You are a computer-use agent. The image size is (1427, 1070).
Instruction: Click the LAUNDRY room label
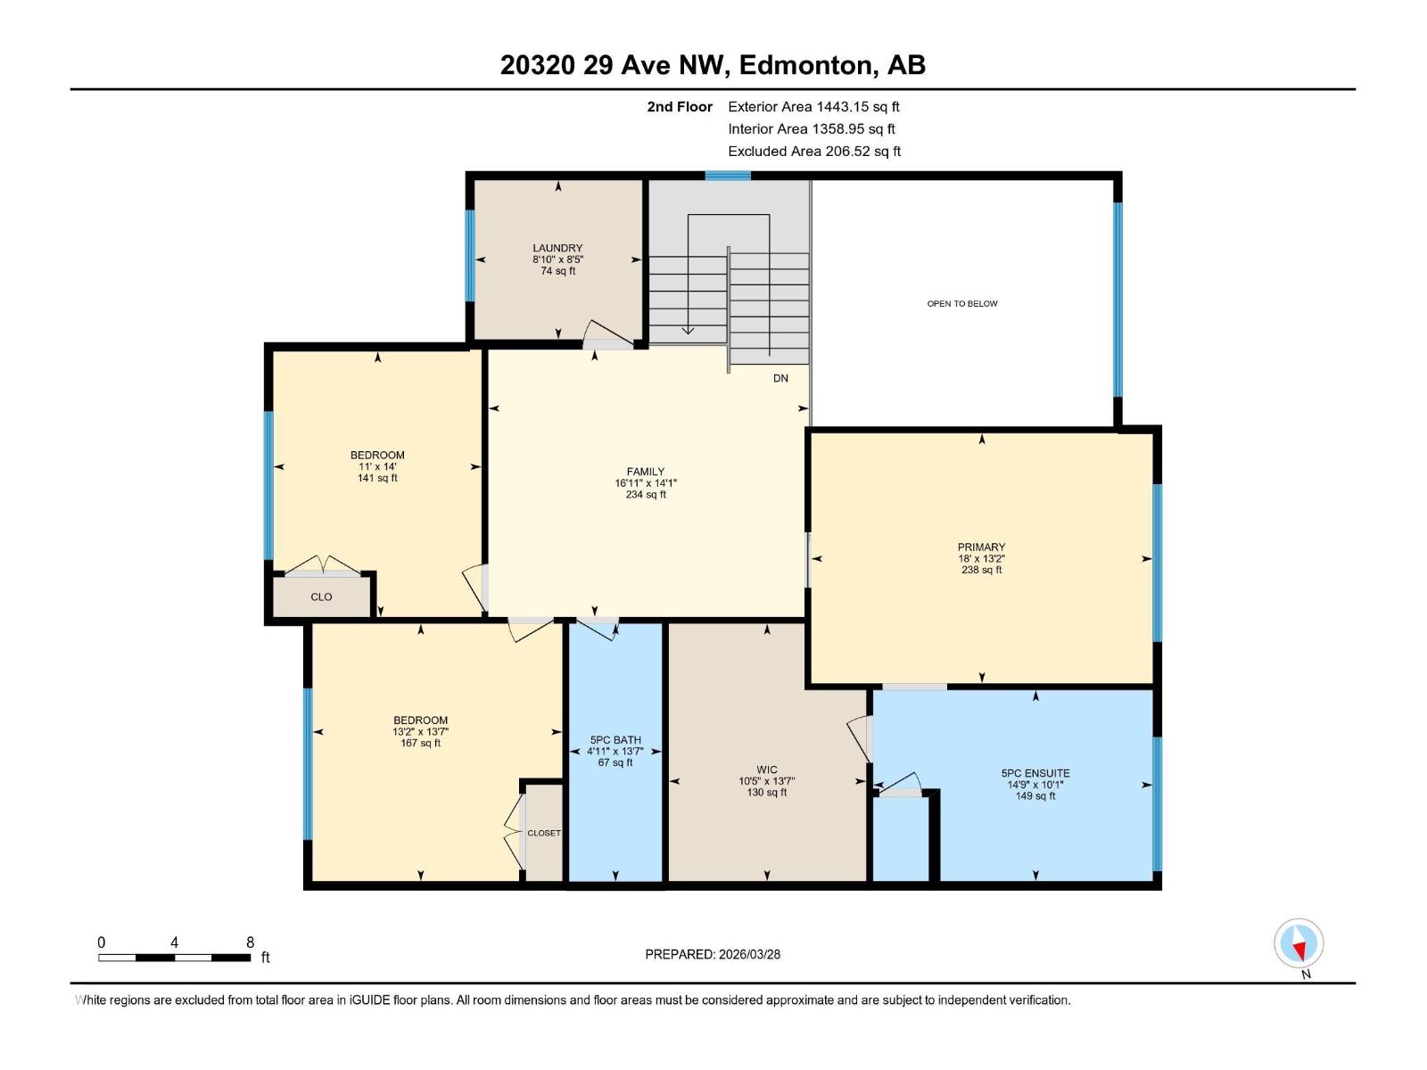point(557,248)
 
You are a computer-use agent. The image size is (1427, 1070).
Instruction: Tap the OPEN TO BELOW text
point(962,304)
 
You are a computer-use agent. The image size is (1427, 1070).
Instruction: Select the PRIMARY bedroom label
point(981,547)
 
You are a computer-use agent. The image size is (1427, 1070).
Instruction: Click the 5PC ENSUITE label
point(1035,774)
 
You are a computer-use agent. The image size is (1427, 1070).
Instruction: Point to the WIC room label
point(766,770)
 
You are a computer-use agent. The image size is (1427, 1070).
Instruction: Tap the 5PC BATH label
point(615,740)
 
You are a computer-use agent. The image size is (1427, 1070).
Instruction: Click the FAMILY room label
point(645,472)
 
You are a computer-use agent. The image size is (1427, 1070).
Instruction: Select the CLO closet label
point(321,597)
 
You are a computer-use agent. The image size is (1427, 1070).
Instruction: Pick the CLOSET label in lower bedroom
point(544,833)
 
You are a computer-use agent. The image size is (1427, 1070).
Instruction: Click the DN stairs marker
point(780,378)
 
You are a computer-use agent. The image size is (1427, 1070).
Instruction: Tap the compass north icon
point(1299,943)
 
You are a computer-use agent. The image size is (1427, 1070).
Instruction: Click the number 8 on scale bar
point(250,942)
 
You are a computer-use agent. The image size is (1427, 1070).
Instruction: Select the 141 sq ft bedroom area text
point(377,478)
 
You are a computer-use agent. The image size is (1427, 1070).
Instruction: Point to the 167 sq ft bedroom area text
point(421,743)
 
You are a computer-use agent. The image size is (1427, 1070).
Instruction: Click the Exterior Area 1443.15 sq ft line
point(813,107)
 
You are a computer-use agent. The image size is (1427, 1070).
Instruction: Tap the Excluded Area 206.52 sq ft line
point(814,152)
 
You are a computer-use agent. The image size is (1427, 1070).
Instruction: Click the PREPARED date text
point(713,954)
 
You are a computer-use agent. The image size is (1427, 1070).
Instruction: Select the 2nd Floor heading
point(680,107)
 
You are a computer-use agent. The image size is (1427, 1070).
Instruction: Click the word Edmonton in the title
point(805,65)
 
